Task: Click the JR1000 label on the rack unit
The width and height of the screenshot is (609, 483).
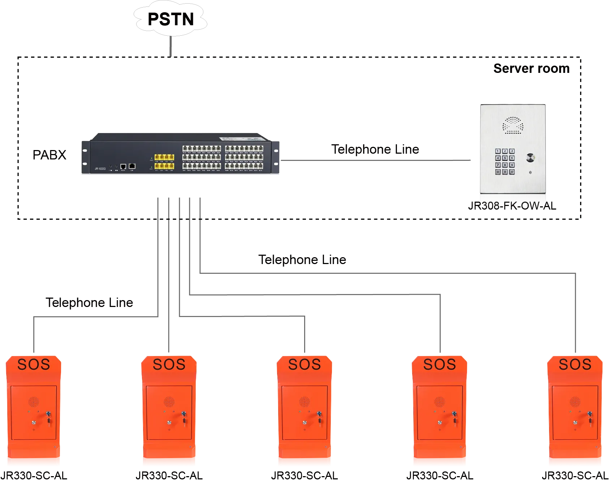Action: [100, 169]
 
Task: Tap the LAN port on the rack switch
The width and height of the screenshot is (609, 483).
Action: [132, 166]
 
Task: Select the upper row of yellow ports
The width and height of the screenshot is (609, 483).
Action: [164, 157]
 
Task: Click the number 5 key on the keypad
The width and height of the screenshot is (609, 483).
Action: [505, 158]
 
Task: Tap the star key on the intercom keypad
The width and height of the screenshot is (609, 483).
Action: [498, 172]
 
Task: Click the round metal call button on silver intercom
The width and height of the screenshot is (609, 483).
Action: [530, 158]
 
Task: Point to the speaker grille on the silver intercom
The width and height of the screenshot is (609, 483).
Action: [513, 125]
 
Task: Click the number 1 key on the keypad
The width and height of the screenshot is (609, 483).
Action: [498, 151]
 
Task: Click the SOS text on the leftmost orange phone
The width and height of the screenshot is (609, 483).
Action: [34, 365]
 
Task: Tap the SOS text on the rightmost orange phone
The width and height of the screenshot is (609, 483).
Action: [575, 365]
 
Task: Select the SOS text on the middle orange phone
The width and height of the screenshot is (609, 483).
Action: [304, 365]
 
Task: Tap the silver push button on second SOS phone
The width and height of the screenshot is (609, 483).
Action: [169, 423]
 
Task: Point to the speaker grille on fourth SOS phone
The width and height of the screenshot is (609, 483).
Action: [440, 401]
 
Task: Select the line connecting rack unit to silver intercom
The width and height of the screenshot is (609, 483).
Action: [376, 160]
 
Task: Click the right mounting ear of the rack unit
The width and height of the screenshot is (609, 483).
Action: [277, 157]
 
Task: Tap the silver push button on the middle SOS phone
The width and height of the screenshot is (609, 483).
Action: [304, 423]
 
